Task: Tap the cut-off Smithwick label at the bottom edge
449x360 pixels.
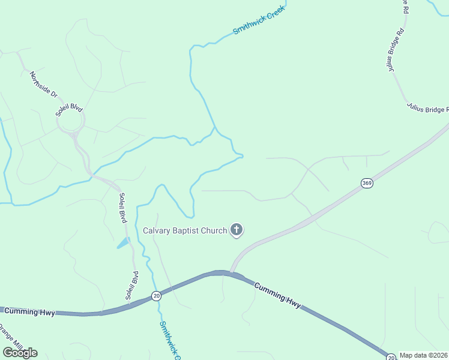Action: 169,340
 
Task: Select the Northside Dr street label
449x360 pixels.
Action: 43,85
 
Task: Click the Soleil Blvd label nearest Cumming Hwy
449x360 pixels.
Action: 132,285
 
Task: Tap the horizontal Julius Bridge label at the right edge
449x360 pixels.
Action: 427,109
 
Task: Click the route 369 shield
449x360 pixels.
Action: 367,183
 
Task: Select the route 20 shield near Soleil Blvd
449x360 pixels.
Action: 156,296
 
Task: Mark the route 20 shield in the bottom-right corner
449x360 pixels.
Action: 391,356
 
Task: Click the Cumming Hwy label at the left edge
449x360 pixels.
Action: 29,312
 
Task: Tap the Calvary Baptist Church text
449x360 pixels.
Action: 185,230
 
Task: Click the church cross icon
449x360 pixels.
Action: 237,229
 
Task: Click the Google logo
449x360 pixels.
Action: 20,352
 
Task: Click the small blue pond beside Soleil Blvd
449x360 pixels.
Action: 123,243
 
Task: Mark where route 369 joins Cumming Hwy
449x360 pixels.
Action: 231,271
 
